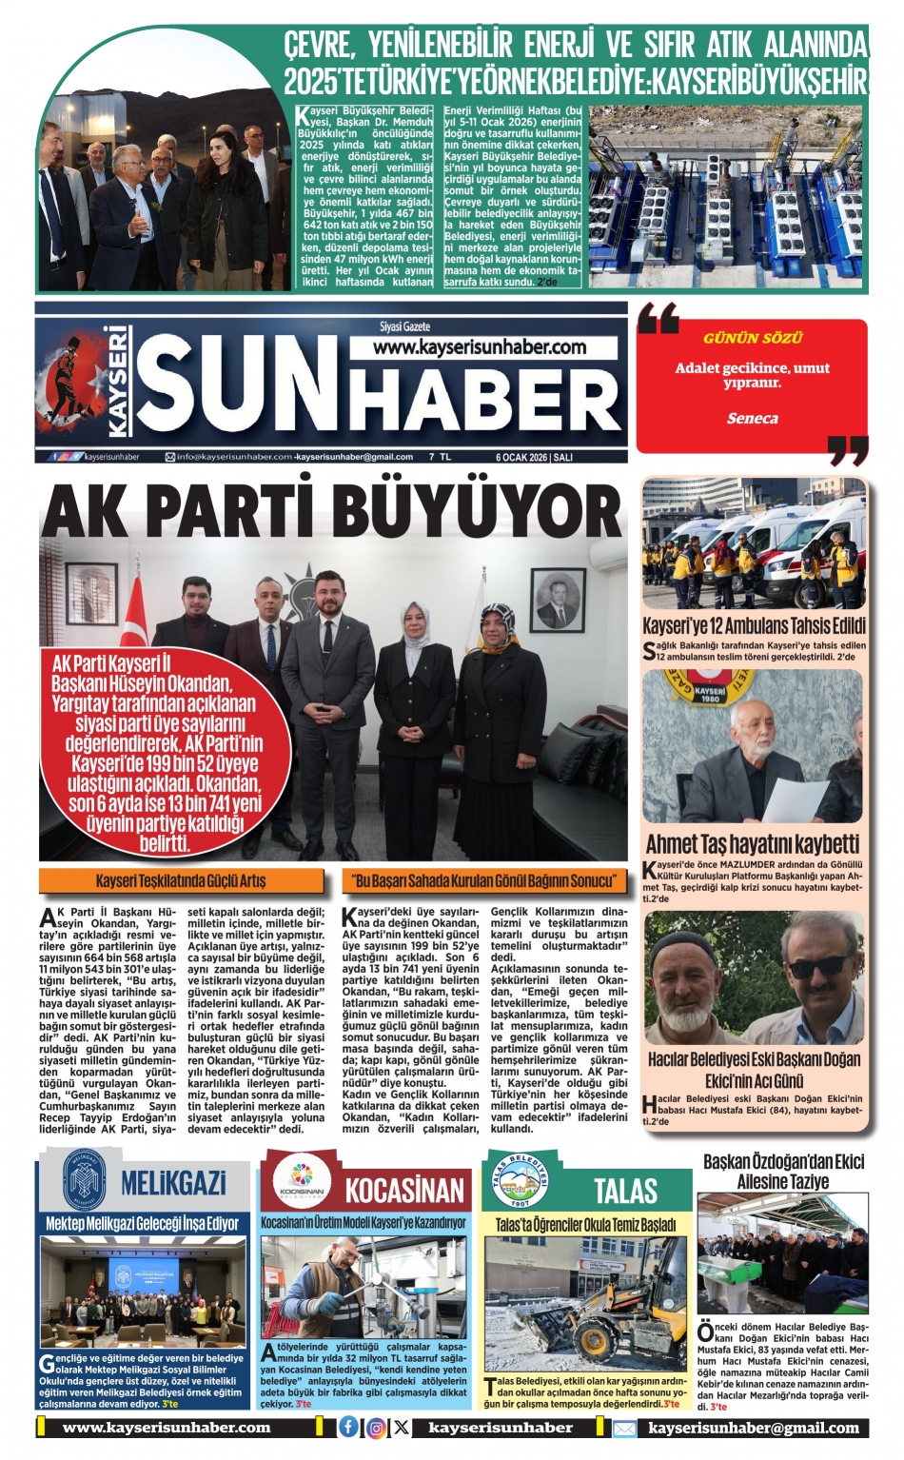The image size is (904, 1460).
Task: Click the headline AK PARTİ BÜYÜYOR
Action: (x=331, y=513)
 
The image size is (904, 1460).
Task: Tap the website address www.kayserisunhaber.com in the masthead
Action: (x=479, y=347)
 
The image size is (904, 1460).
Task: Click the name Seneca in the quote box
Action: (x=752, y=418)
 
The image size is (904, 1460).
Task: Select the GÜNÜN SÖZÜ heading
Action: (x=752, y=338)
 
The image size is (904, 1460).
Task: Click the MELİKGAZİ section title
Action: (x=173, y=1184)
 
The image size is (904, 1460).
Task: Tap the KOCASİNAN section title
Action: (x=404, y=1191)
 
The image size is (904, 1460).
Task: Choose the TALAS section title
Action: (x=625, y=1191)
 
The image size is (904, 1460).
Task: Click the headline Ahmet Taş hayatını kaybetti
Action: (x=752, y=843)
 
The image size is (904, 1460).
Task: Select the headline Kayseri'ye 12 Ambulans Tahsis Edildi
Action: (x=754, y=626)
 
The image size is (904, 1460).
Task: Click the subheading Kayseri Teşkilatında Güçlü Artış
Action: (x=181, y=880)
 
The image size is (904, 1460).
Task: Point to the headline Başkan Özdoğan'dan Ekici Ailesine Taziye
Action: (x=783, y=1172)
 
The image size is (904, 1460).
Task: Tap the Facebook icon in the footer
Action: (x=349, y=1427)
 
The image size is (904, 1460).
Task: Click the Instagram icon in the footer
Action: (x=376, y=1428)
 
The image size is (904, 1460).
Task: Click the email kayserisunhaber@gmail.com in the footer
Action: (x=754, y=1428)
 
